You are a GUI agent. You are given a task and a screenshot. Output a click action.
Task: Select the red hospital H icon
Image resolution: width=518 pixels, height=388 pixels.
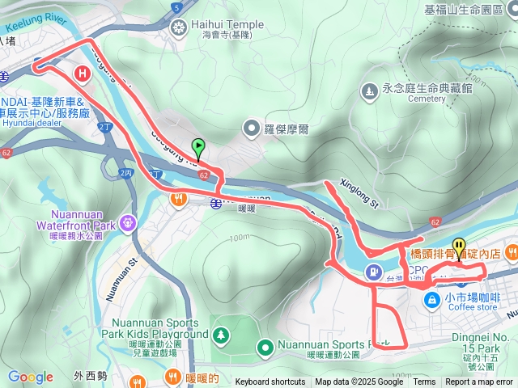coord(82,74)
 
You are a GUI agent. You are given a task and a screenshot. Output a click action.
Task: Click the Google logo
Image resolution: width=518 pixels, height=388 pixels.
coord(30,377)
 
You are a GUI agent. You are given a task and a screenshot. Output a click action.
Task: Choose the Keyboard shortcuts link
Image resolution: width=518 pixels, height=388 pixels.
coord(270,382)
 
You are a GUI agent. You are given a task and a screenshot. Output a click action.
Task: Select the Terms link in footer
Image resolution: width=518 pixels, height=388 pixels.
coord(424,382)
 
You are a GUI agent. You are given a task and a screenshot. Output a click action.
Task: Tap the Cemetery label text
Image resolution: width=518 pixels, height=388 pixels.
coord(427,99)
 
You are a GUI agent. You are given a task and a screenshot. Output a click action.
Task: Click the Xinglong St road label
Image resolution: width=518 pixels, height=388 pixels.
coord(359,193)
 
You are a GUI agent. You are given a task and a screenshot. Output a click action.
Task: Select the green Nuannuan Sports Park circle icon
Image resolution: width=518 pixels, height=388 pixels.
coord(264,348)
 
